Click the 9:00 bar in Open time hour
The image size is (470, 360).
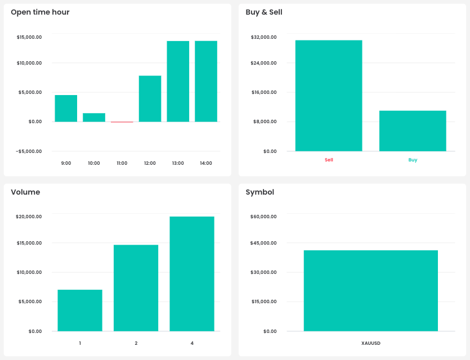pyautogui.click(x=66, y=109)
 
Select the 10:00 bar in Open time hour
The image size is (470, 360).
pyautogui.click(x=94, y=118)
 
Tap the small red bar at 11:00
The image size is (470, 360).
pyautogui.click(x=122, y=122)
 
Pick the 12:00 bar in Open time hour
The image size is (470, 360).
pyautogui.click(x=150, y=99)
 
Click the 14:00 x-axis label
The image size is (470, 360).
pyautogui.click(x=206, y=163)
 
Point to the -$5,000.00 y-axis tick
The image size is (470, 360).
pyautogui.click(x=29, y=151)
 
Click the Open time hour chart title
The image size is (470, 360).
pyautogui.click(x=40, y=12)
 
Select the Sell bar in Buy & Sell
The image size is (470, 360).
pyautogui.click(x=329, y=96)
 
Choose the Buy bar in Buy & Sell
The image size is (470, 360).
pyautogui.click(x=413, y=131)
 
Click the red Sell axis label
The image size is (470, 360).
pyautogui.click(x=329, y=160)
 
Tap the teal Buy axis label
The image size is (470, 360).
pyautogui.click(x=413, y=160)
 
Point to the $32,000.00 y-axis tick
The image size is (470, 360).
pyautogui.click(x=263, y=37)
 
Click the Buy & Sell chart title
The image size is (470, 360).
pyautogui.click(x=264, y=12)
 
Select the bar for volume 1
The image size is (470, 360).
pyautogui.click(x=80, y=310)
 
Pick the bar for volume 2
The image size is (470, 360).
pyautogui.click(x=136, y=288)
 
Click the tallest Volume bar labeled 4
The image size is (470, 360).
pyautogui.click(x=192, y=274)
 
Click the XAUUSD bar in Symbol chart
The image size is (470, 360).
pyautogui.click(x=370, y=291)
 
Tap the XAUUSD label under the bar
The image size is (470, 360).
pyautogui.click(x=370, y=343)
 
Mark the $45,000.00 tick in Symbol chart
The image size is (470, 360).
pyautogui.click(x=263, y=243)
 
